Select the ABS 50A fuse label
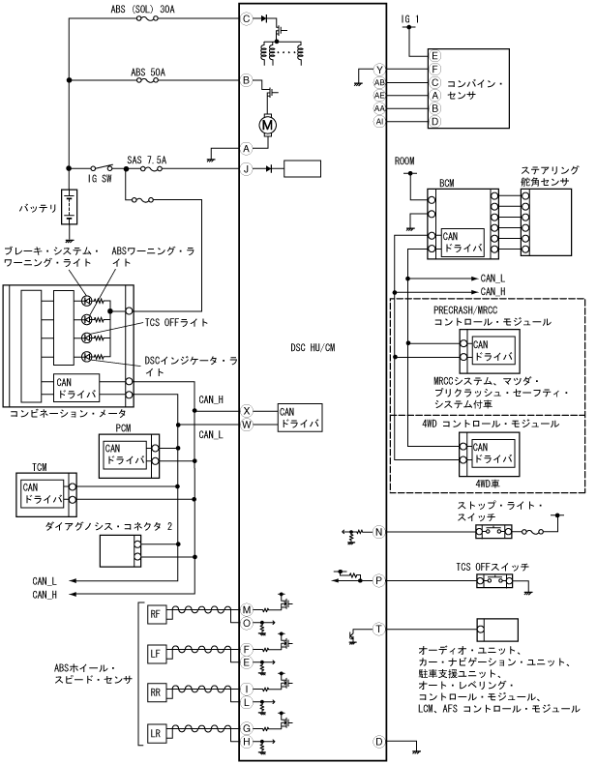(151, 72)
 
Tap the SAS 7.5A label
(146, 160)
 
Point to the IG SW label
(102, 179)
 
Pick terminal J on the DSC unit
(247, 168)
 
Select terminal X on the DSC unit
(247, 410)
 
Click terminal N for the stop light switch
(379, 532)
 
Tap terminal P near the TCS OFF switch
(379, 580)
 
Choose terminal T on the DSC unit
(379, 629)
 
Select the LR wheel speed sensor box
(155, 734)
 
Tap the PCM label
(123, 426)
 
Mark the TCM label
(40, 466)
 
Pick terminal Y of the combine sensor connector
(379, 70)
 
